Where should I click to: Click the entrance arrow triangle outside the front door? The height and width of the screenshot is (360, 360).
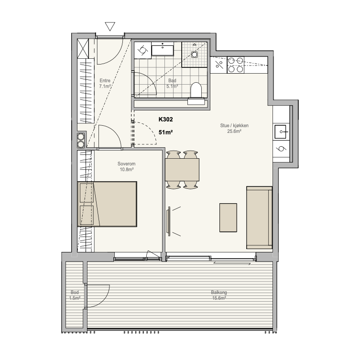point(110,26)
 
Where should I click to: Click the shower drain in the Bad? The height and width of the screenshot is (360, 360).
point(195,55)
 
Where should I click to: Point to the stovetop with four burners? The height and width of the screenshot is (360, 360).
point(236,65)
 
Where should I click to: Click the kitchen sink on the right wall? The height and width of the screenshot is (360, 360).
point(281,132)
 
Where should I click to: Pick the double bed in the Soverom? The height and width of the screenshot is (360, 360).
point(107,204)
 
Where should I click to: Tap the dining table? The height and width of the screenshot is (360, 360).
point(182,170)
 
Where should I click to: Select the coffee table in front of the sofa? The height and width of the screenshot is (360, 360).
point(228,218)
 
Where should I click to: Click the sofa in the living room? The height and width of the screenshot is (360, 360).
point(260,218)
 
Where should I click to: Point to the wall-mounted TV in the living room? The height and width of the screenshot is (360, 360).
point(169,221)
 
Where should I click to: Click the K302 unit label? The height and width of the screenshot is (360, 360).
point(166,120)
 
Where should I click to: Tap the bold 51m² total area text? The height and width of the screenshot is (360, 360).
point(166,132)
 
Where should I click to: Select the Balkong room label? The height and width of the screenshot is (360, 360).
point(219,292)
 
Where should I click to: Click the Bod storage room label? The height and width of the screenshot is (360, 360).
point(75,292)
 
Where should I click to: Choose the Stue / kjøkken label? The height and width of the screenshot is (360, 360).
point(234,125)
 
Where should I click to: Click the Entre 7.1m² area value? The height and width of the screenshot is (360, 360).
point(105,87)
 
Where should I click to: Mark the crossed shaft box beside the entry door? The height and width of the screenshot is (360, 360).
point(83,48)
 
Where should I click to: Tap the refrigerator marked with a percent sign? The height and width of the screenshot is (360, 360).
point(218,65)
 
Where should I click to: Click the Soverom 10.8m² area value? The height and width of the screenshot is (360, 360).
point(127,169)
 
